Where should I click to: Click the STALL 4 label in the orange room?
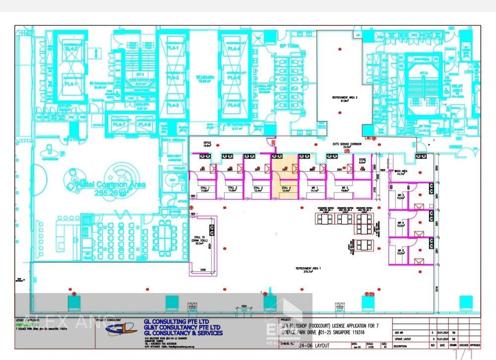pyautogui.click(x=286, y=188)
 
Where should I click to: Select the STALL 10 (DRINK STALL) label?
pyautogui.click(x=201, y=240)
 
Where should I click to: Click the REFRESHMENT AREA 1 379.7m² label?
pyautogui.click(x=309, y=269)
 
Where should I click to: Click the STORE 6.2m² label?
pyautogui.click(x=362, y=161)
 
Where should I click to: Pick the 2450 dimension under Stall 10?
pyautogui.click(x=203, y=270)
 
